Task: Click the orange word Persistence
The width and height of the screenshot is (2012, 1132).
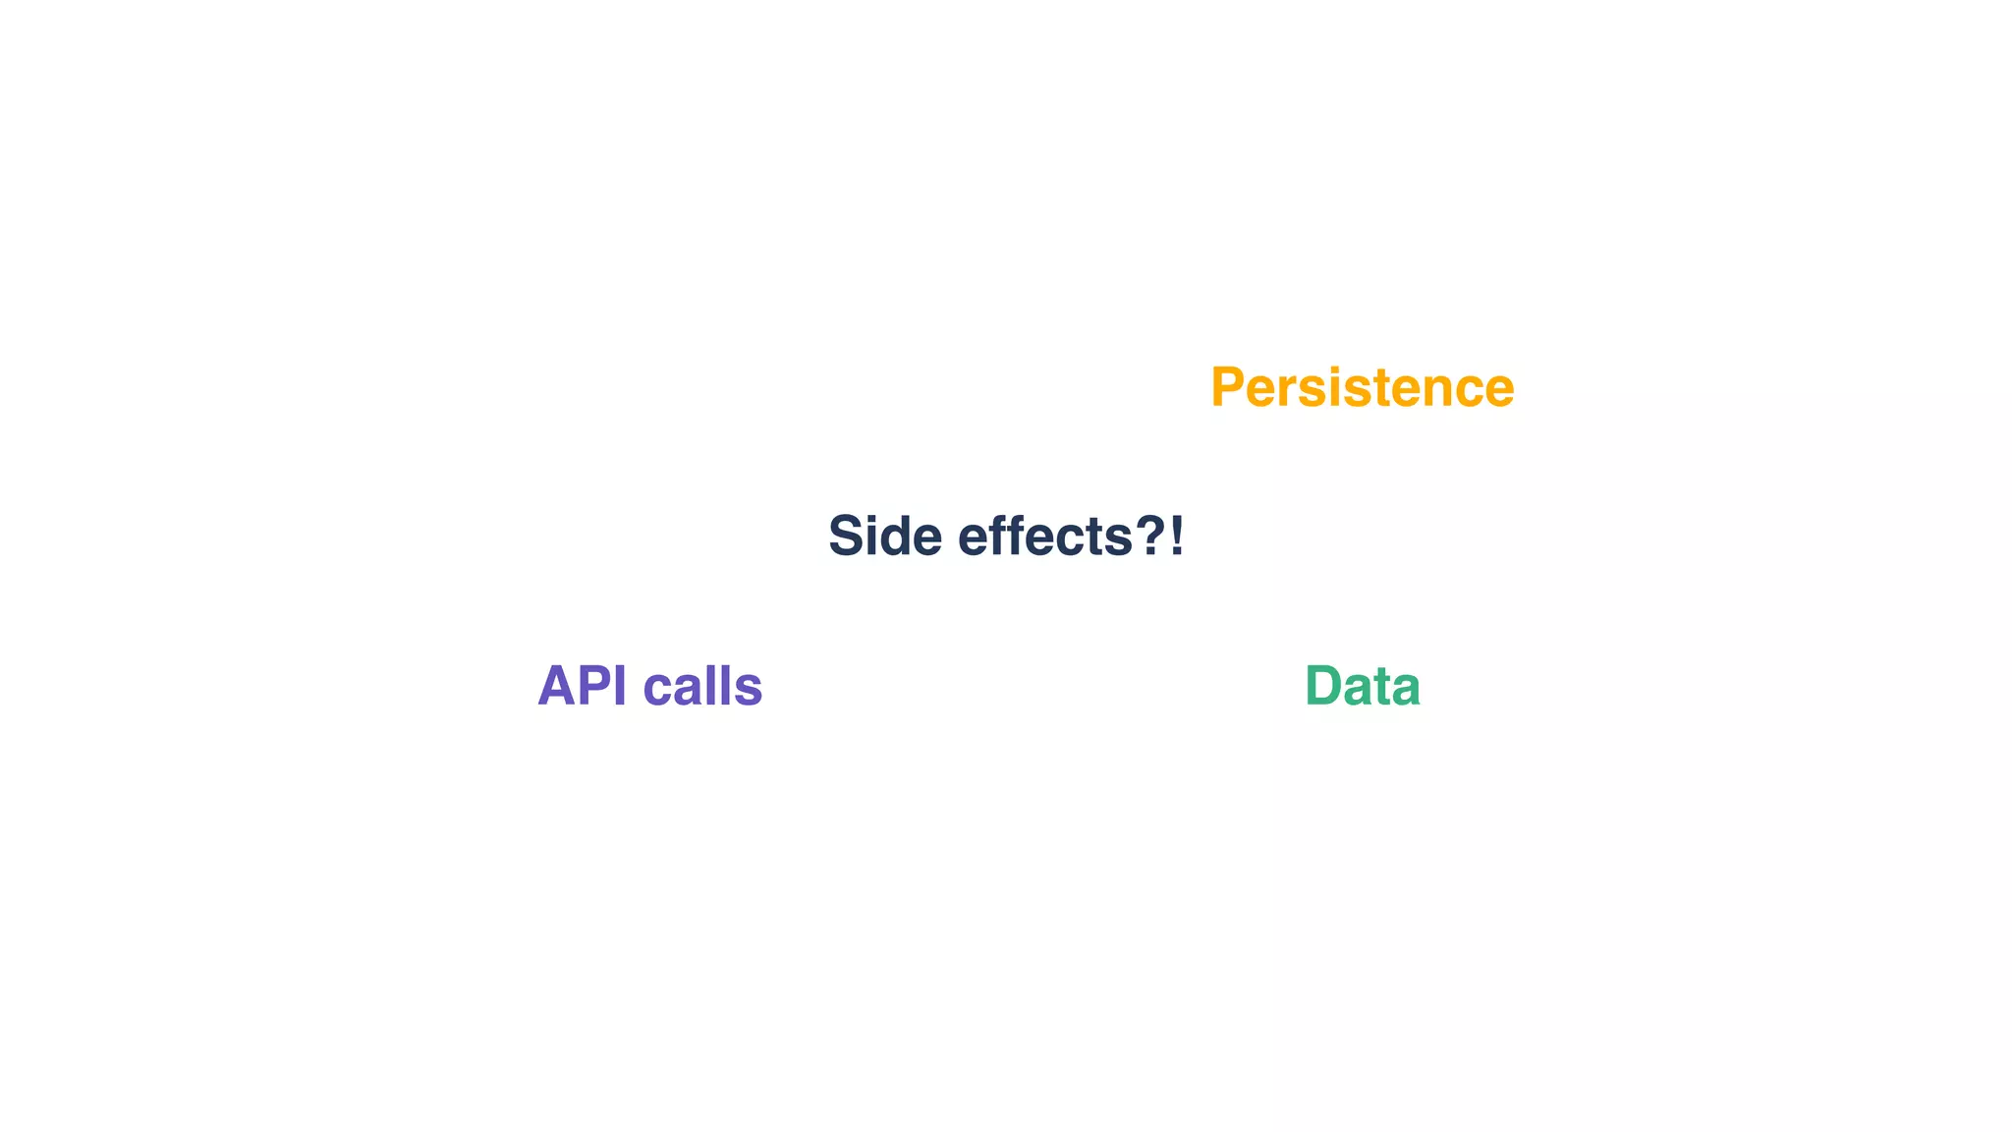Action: pyautogui.click(x=1362, y=387)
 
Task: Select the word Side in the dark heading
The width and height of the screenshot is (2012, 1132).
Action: pyautogui.click(x=884, y=537)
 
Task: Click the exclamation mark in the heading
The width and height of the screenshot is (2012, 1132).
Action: pyautogui.click(x=1177, y=537)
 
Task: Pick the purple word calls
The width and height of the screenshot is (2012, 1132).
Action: pyautogui.click(x=702, y=686)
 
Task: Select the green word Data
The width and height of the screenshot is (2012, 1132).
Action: pyautogui.click(x=1362, y=686)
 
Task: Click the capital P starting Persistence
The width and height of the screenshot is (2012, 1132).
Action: pyautogui.click(x=1229, y=387)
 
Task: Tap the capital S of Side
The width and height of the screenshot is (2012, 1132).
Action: pyautogui.click(x=847, y=537)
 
